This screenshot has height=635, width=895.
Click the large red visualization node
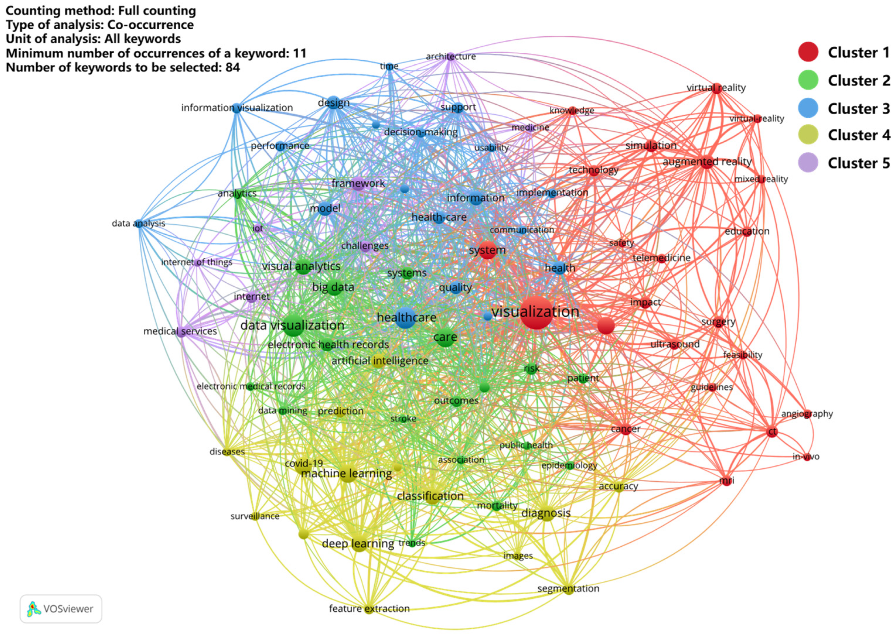(x=536, y=312)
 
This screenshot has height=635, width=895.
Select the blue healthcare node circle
(x=405, y=317)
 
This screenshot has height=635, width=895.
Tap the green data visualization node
(x=293, y=325)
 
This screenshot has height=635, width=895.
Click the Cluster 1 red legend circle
(x=808, y=52)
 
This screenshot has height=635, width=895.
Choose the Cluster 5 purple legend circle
(x=808, y=163)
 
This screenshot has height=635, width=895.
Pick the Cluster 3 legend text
(x=859, y=108)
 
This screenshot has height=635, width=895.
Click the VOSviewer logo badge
(x=61, y=609)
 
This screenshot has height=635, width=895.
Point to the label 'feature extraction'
(x=369, y=609)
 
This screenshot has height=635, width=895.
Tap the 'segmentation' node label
(x=568, y=588)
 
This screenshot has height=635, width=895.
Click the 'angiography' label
(x=807, y=414)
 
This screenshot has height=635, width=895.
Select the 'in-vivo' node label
(x=806, y=456)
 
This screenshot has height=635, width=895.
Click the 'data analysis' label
(x=138, y=223)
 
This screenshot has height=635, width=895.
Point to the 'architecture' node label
(x=451, y=56)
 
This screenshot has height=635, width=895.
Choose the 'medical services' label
(x=180, y=331)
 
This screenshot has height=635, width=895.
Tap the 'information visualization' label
(x=237, y=107)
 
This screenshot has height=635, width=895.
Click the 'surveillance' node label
(x=255, y=516)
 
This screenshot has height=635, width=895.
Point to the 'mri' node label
(x=727, y=480)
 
